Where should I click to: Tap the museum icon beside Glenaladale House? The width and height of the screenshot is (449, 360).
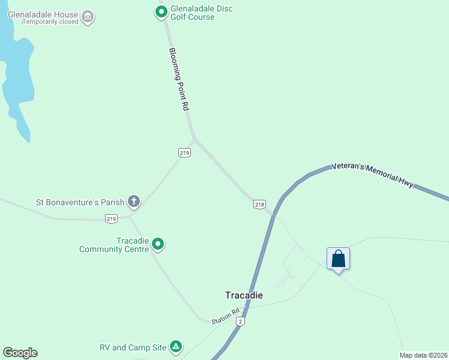point(88,16)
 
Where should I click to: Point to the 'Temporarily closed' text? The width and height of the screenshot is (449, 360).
point(50,22)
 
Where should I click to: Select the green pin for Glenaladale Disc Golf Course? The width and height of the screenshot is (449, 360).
point(161,11)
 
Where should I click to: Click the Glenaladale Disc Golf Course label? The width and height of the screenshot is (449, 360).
point(201,13)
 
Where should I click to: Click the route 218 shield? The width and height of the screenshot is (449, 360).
point(259,204)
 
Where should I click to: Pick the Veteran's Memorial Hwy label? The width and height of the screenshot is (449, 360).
point(373,176)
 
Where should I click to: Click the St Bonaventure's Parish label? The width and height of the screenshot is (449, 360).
point(80,202)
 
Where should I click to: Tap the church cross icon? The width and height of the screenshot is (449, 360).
point(134,202)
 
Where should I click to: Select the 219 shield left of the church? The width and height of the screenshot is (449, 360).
point(111,219)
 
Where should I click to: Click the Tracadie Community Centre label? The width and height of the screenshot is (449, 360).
point(113,245)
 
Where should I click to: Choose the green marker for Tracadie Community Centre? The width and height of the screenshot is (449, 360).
point(158,244)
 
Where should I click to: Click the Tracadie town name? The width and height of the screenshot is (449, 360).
point(244,295)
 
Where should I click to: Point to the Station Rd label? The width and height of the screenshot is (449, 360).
point(226,316)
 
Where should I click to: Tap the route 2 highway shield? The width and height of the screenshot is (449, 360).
point(240,322)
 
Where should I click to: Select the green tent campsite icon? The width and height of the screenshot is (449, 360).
point(176,346)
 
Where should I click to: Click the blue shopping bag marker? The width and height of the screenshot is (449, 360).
point(339,259)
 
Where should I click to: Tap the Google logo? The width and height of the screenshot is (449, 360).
point(20,353)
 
